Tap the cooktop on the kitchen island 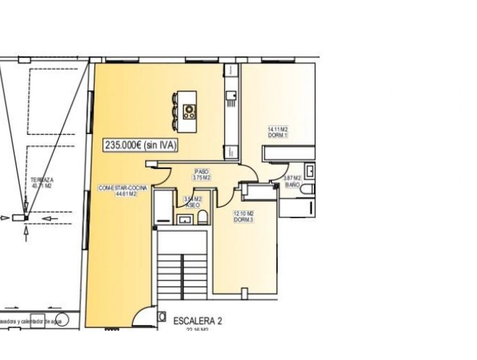tap(190, 111)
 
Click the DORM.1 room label tap(278, 132)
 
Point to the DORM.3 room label tap(243, 216)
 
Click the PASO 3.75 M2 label tap(201, 175)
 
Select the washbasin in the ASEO tap(185, 219)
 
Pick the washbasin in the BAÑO tap(310, 171)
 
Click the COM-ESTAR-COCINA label tap(118, 191)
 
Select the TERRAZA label tap(41, 183)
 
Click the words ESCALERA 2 tap(197, 321)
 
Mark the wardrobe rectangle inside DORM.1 tap(288, 153)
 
